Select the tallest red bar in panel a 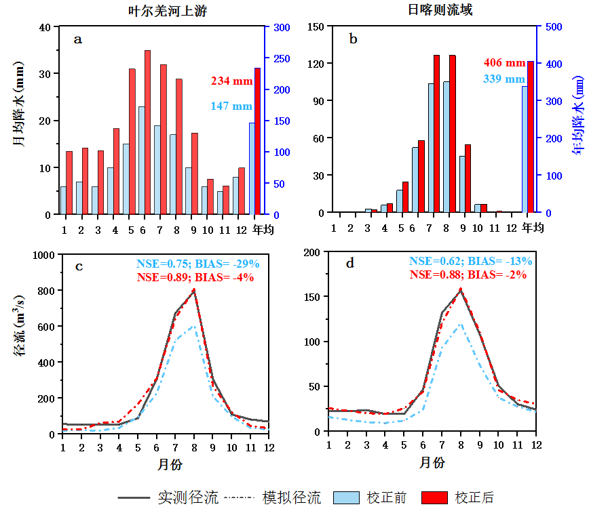(147, 132)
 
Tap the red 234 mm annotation (231, 81)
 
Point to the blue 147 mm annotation (231, 106)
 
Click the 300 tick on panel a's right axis (282, 27)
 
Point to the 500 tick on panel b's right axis (550, 26)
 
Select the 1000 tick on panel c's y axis (43, 255)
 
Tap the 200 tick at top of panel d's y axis (313, 252)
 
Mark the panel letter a (78, 39)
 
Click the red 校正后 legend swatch (434, 497)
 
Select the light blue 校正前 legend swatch (347, 497)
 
